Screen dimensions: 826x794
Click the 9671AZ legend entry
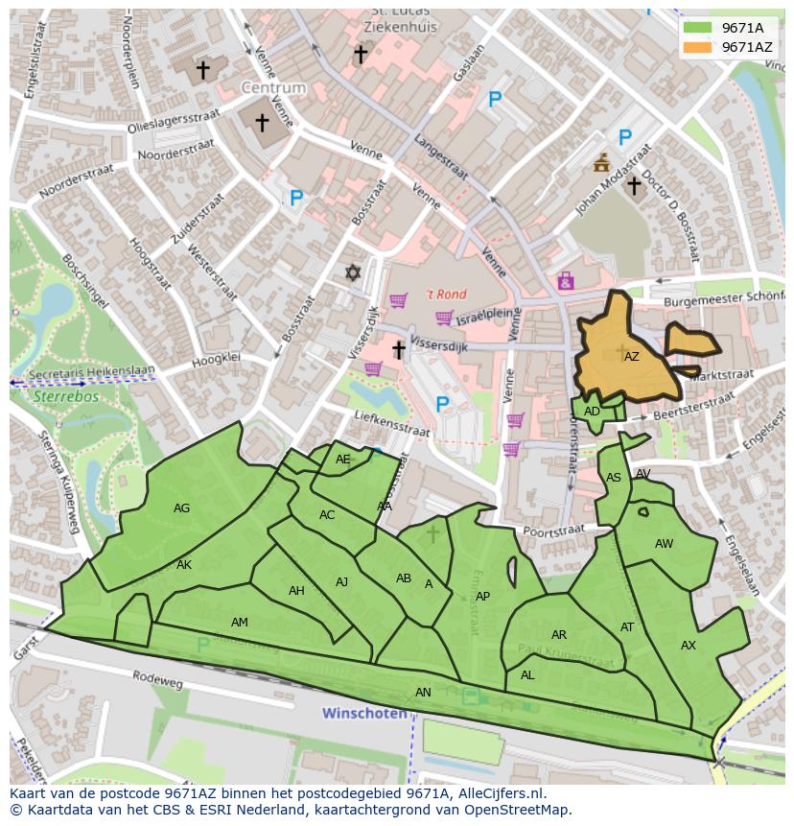[x=746, y=47]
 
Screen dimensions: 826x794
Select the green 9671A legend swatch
[x=698, y=28]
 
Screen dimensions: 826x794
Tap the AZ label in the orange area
[x=631, y=357]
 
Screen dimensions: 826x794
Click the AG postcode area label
[x=181, y=508]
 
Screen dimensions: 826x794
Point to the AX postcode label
[x=688, y=646]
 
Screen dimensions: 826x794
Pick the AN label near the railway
[x=423, y=692]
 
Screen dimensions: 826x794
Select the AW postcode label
[x=664, y=544]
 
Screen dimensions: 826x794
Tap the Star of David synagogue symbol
[x=353, y=273]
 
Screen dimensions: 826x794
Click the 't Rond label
[x=445, y=295]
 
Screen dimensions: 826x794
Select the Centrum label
[x=272, y=87]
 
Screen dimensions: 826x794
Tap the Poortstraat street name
[x=554, y=530]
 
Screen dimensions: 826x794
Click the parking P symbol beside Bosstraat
[x=296, y=199]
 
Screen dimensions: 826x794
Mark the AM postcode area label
[x=240, y=623]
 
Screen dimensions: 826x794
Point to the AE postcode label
[x=343, y=460]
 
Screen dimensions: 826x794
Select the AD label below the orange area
[x=592, y=412]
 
